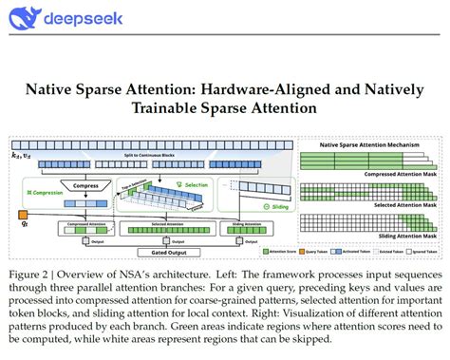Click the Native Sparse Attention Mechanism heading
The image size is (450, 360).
pyautogui.click(x=369, y=138)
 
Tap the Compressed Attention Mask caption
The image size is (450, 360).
pyautogui.click(x=370, y=170)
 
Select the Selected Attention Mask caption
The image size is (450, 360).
pyautogui.click(x=370, y=203)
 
